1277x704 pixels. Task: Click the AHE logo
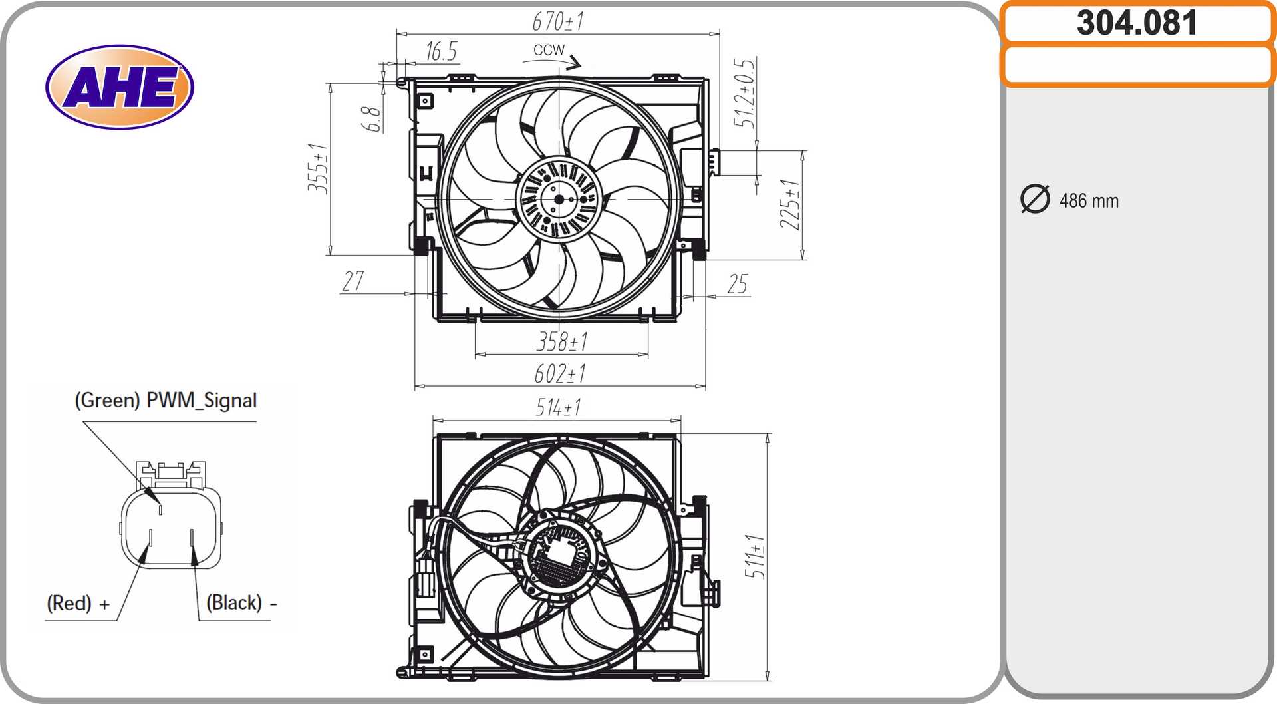click(x=120, y=87)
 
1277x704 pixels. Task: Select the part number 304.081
click(x=1137, y=23)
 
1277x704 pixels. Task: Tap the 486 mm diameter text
click(x=1089, y=200)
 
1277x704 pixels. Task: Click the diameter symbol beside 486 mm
click(x=1035, y=199)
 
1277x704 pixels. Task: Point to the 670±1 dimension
click(x=558, y=21)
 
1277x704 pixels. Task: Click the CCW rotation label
click(x=549, y=50)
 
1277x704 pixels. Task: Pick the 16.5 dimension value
click(x=441, y=51)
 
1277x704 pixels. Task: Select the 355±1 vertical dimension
click(x=318, y=168)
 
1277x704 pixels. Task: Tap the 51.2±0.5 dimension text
click(x=744, y=93)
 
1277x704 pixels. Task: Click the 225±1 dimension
click(x=790, y=204)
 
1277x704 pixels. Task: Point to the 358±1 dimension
click(x=562, y=342)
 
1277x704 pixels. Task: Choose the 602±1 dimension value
click(x=560, y=374)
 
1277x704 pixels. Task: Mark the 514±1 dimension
click(x=558, y=407)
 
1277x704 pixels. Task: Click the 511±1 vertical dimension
click(x=754, y=556)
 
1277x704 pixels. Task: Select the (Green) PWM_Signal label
click(x=166, y=400)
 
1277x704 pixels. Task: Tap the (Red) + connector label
click(x=78, y=603)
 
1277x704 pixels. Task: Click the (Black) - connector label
click(x=241, y=603)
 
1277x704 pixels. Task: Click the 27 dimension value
click(x=353, y=281)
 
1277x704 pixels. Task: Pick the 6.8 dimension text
click(x=371, y=119)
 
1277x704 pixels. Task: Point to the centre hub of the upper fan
click(x=559, y=199)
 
